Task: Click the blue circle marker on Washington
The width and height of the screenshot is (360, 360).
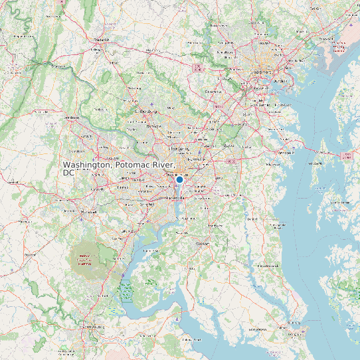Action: (179, 179)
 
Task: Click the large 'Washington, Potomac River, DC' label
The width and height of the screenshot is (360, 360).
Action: (120, 168)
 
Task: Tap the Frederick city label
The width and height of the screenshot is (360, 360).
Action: (102, 40)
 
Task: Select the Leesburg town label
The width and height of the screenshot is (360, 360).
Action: (71, 118)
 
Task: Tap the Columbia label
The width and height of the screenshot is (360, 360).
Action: (213, 92)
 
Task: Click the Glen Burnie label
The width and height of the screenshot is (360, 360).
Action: (256, 104)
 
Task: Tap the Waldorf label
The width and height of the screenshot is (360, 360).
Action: (202, 243)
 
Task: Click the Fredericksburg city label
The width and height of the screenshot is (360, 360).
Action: (94, 327)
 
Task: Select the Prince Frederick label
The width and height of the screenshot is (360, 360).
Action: (269, 266)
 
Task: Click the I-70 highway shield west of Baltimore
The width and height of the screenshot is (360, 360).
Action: (198, 68)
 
